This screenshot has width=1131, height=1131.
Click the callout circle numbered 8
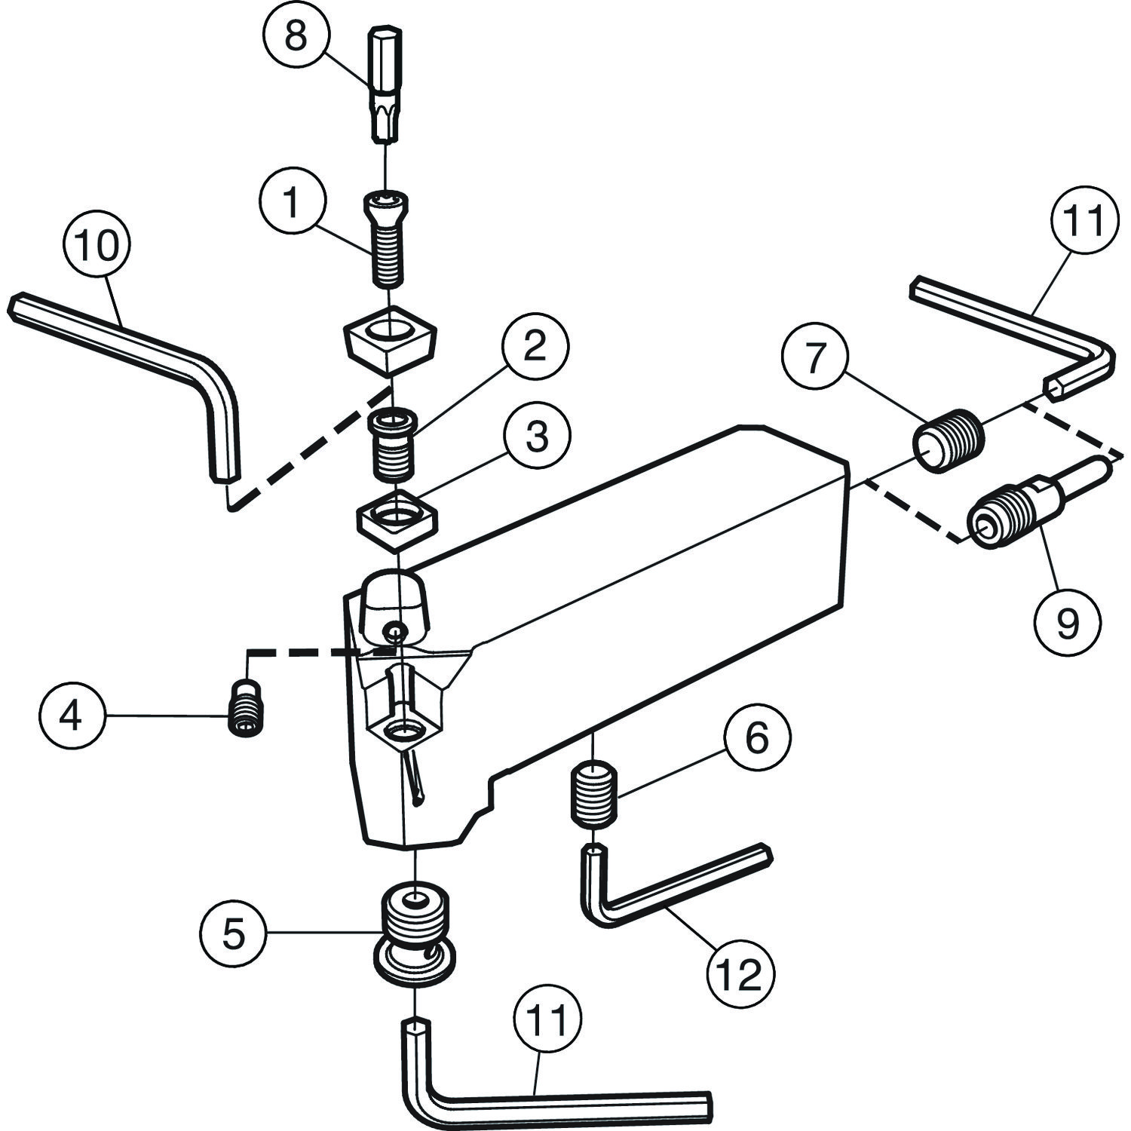tap(296, 35)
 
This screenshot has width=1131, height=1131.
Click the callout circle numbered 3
tap(536, 437)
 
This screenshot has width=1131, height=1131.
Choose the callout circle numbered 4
tap(71, 716)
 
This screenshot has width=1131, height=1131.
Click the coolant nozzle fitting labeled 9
tap(1033, 501)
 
